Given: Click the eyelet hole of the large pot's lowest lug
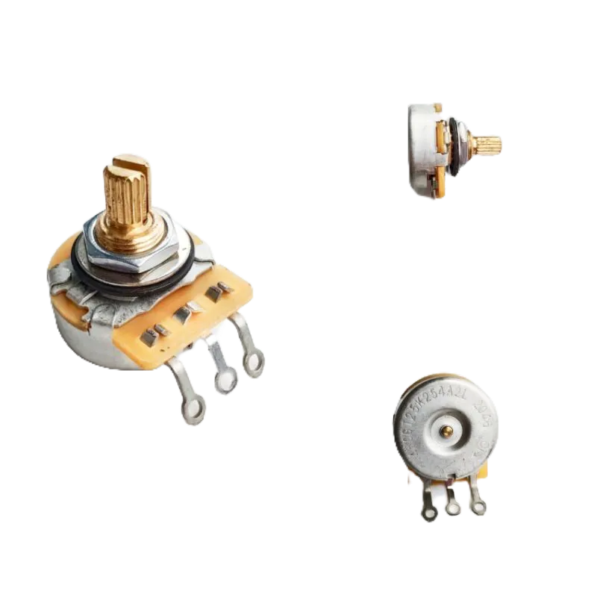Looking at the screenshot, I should (x=195, y=409).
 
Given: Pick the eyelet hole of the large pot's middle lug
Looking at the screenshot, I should (x=225, y=383).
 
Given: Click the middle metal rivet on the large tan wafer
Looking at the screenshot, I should (x=183, y=309).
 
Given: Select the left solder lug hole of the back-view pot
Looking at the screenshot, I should (x=428, y=514).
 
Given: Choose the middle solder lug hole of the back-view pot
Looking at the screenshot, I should (x=452, y=510).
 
